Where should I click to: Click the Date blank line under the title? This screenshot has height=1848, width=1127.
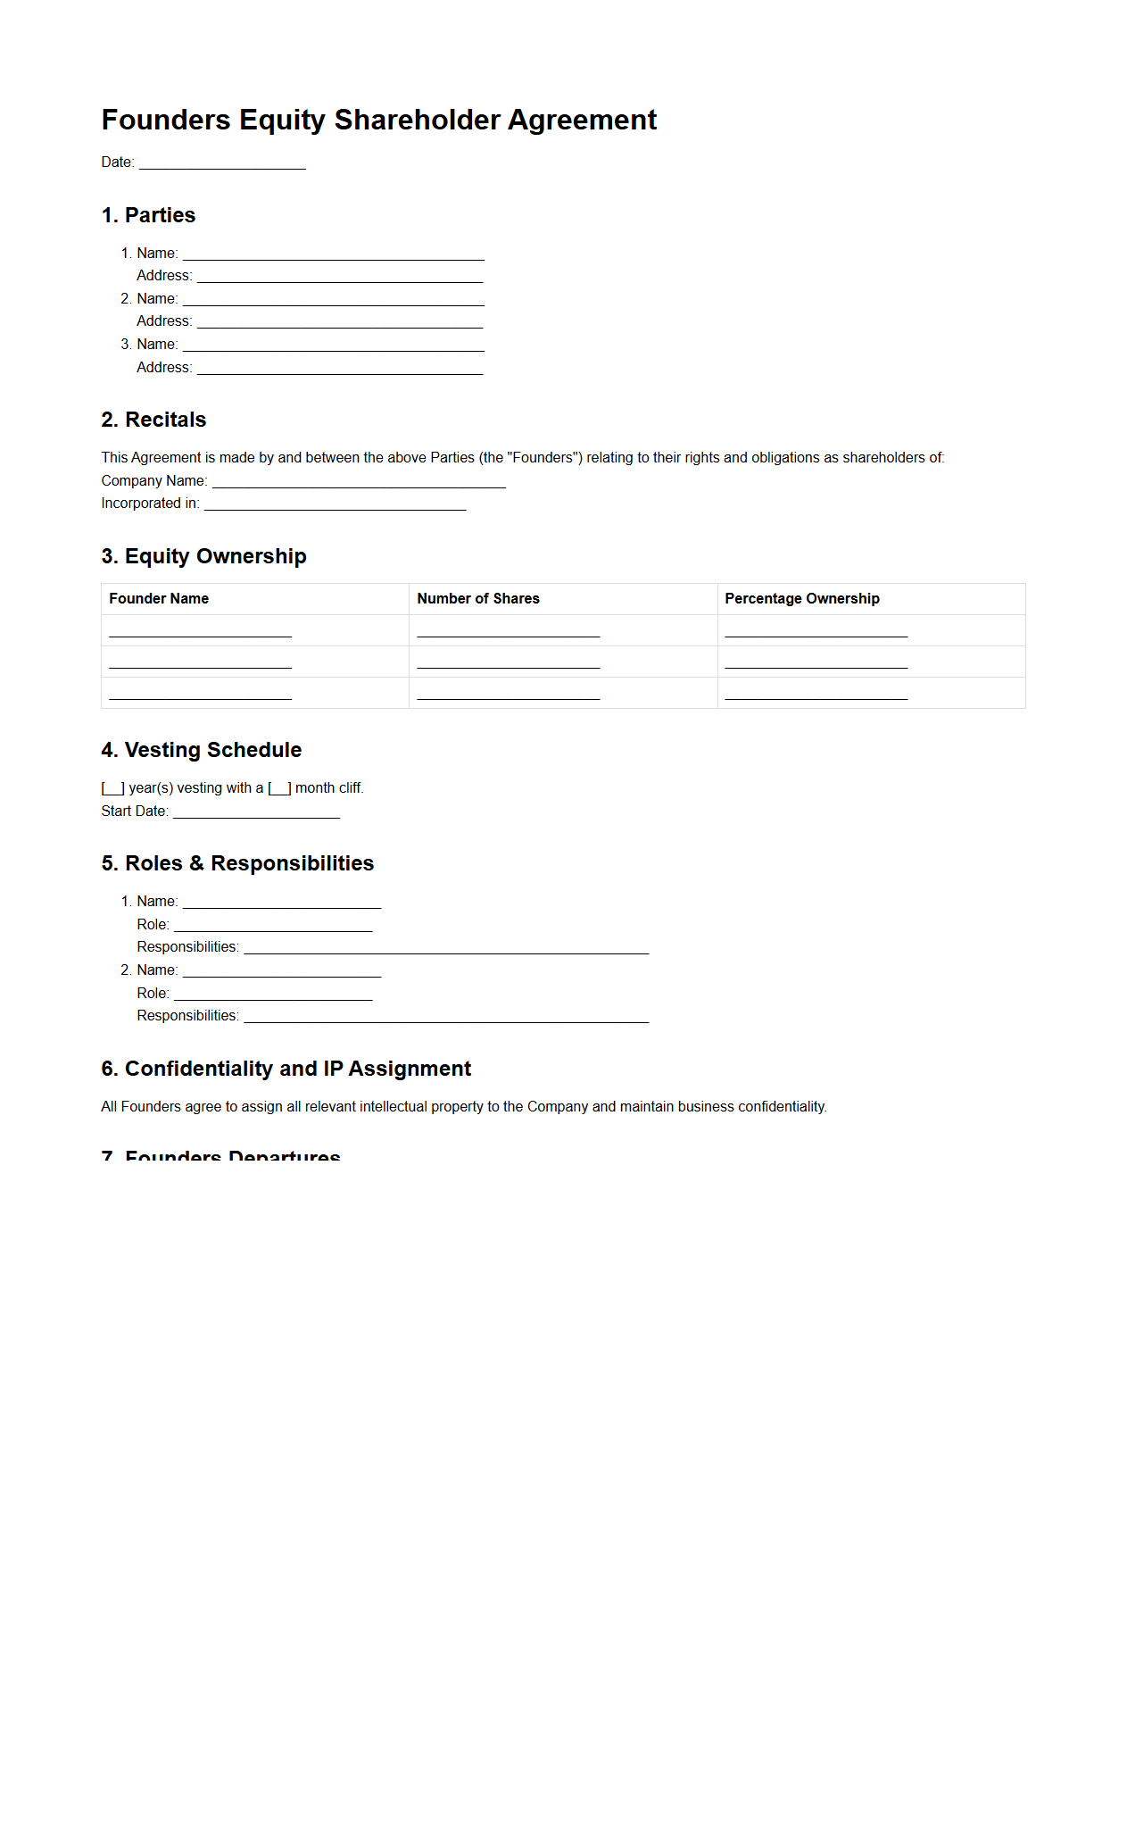click(x=222, y=164)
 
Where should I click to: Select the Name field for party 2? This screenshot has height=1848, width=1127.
click(x=333, y=301)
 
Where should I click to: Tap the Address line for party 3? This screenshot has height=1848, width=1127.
click(x=339, y=370)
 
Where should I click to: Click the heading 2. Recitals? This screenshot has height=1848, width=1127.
click(x=153, y=420)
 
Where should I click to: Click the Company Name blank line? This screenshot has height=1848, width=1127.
click(x=359, y=483)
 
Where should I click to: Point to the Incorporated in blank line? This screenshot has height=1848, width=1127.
click(x=335, y=505)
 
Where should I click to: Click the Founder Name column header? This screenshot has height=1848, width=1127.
click(x=159, y=599)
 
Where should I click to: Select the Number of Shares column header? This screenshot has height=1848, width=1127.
click(x=477, y=599)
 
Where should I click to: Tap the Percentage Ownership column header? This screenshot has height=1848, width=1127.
click(x=801, y=599)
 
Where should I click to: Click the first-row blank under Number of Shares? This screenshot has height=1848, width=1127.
click(x=508, y=632)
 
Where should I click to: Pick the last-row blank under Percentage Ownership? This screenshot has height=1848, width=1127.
click(x=816, y=695)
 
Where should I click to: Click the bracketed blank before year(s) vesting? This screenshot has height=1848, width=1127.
click(x=113, y=788)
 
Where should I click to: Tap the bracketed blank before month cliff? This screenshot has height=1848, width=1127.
click(x=279, y=788)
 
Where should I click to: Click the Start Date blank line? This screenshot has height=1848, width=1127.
click(x=256, y=812)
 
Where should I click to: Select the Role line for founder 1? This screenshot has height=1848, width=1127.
click(x=273, y=927)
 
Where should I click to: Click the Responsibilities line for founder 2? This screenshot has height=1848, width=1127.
click(x=446, y=1018)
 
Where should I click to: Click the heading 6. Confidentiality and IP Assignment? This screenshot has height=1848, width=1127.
click(x=286, y=1069)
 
